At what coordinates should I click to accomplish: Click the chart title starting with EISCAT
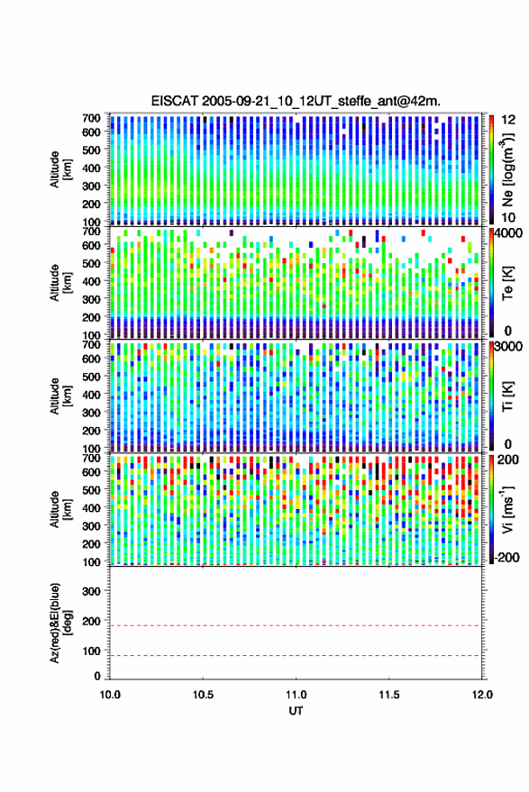(296, 101)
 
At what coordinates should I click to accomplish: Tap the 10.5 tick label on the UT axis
(203, 695)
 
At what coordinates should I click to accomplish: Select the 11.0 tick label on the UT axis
(296, 695)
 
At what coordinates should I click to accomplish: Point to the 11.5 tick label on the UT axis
(389, 695)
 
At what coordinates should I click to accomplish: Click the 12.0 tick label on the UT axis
(482, 695)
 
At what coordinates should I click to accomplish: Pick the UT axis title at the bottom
(296, 711)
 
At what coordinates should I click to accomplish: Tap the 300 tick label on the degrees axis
(91, 591)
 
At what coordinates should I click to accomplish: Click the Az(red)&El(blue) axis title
(60, 624)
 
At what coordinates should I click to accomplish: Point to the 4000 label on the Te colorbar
(507, 235)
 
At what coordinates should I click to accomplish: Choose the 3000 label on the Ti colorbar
(507, 347)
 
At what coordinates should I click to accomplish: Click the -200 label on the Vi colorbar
(506, 557)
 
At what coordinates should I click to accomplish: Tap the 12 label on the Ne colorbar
(508, 120)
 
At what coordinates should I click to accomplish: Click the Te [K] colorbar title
(507, 283)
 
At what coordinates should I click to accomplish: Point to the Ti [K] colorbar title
(507, 396)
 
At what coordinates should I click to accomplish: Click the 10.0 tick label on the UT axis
(110, 695)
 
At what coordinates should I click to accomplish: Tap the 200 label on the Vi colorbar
(507, 460)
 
